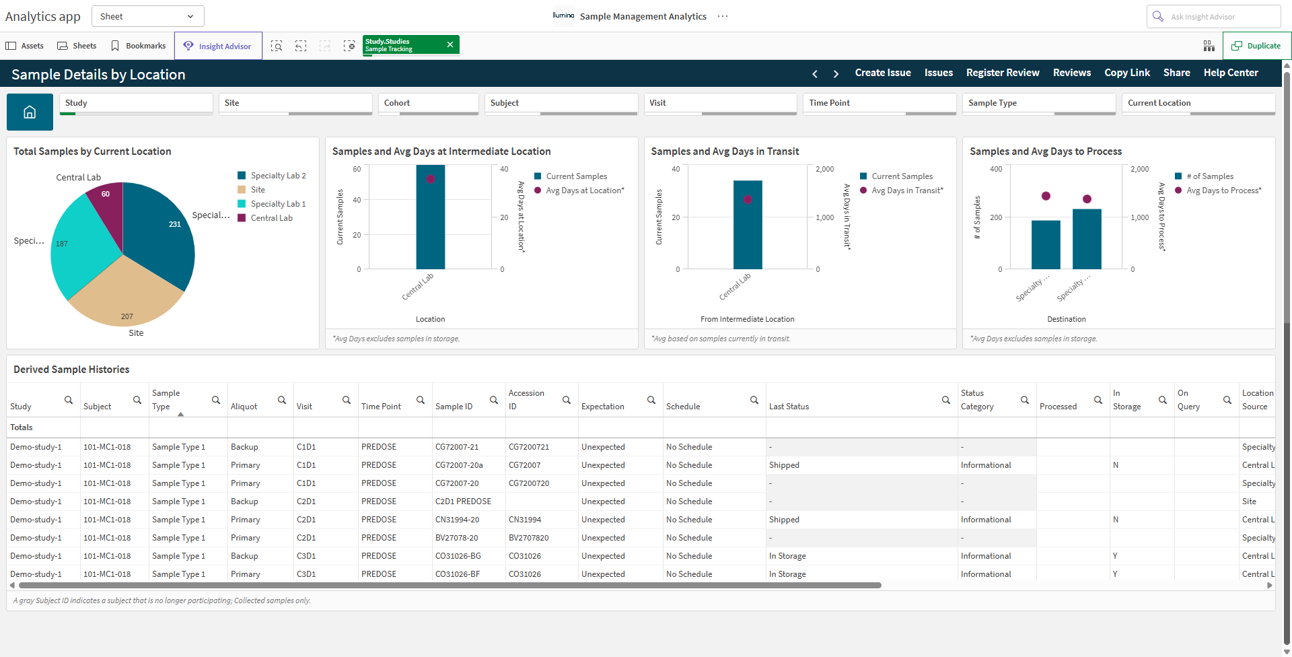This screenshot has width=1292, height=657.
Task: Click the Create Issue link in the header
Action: pyautogui.click(x=883, y=73)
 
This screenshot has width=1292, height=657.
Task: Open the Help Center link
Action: pyautogui.click(x=1231, y=73)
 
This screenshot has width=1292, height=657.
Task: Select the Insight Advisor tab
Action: pyautogui.click(x=218, y=46)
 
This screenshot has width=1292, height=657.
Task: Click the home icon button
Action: pyautogui.click(x=30, y=112)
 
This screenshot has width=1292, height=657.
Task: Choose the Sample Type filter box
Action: pyautogui.click(x=1039, y=104)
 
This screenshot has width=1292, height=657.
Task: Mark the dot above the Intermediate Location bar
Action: pyautogui.click(x=431, y=179)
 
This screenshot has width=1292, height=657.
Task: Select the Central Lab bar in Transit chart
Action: pyautogui.click(x=748, y=225)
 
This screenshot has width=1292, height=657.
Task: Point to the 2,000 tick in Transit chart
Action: pyautogui.click(x=824, y=169)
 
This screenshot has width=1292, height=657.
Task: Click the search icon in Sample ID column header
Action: pyautogui.click(x=494, y=400)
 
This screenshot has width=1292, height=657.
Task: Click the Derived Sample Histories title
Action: pyautogui.click(x=71, y=370)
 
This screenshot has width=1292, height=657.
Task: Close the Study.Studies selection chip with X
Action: pyautogui.click(x=450, y=44)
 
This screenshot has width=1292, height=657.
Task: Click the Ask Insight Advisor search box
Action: pyautogui.click(x=1213, y=16)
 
